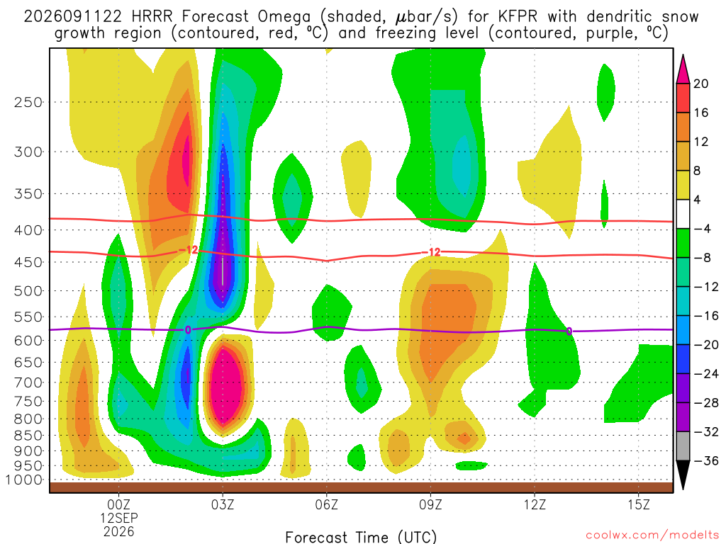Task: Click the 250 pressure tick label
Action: [x=28, y=102]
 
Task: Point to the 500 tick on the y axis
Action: [x=28, y=291]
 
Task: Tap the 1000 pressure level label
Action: [x=24, y=480]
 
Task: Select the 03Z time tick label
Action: [x=223, y=504]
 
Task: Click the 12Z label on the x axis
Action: [x=535, y=504]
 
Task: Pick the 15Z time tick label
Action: [x=639, y=504]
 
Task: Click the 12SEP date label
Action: [x=119, y=518]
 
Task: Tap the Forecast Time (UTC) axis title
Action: [x=361, y=537]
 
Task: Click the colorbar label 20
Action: [x=700, y=84]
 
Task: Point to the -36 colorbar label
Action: [x=705, y=460]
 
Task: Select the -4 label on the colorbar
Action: [x=702, y=229]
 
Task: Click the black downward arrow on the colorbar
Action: [x=683, y=475]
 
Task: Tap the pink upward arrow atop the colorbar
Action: [x=683, y=69]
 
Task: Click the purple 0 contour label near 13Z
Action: [x=569, y=331]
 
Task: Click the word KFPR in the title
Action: [x=518, y=17]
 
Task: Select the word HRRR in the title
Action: [x=152, y=17]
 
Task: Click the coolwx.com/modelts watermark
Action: [x=652, y=535]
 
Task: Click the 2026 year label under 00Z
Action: [x=119, y=532]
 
